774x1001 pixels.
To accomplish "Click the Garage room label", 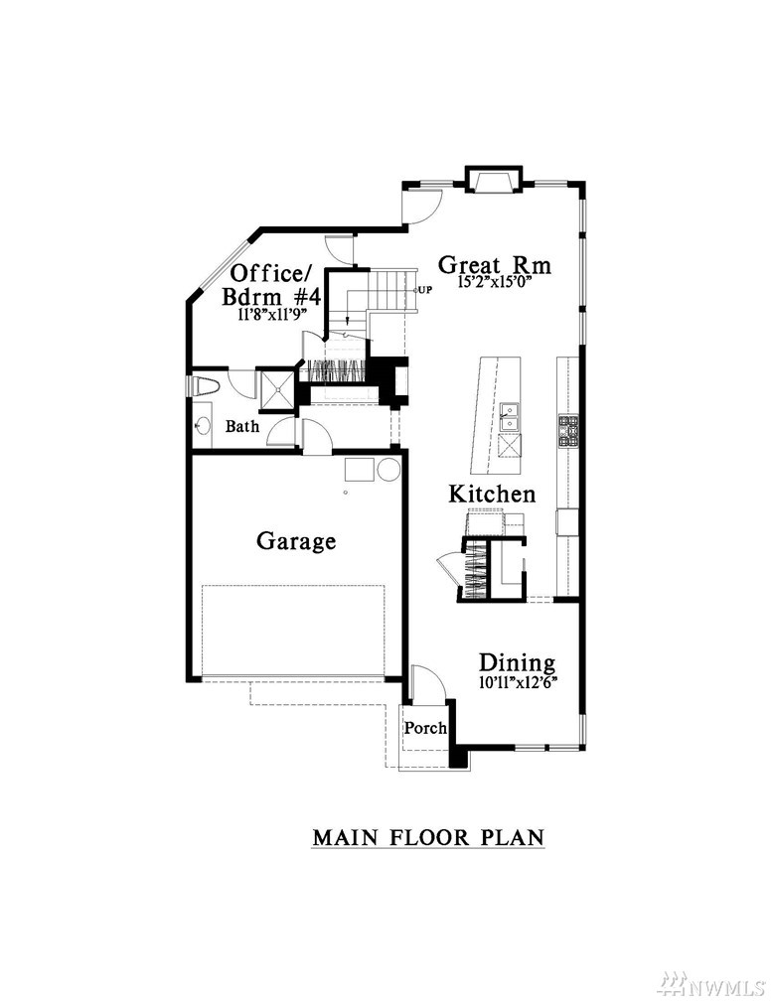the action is coord(296,541).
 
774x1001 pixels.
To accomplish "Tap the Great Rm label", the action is coord(494,264).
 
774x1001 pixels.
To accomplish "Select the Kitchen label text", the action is coord(492,494).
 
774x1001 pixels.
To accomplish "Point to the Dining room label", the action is coord(518,662).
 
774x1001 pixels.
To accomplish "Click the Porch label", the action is coord(425,728).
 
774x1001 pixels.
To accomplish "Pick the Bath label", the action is coord(242,426).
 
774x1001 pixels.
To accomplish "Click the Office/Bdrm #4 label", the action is coord(271,285).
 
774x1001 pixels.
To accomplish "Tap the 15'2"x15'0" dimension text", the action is coord(496,282).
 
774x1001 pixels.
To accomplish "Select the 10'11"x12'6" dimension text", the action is coord(518,682).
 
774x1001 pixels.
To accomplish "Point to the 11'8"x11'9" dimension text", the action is coord(272,314).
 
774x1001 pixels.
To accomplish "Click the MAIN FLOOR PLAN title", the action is coord(428,836).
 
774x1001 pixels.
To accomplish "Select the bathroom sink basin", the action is coord(202,426).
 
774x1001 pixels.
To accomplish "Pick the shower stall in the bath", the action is coord(276,387).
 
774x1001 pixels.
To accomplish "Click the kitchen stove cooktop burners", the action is coord(568,431).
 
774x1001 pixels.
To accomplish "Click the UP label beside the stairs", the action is coord(425,289).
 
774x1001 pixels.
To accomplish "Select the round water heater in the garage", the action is coord(388,470).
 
